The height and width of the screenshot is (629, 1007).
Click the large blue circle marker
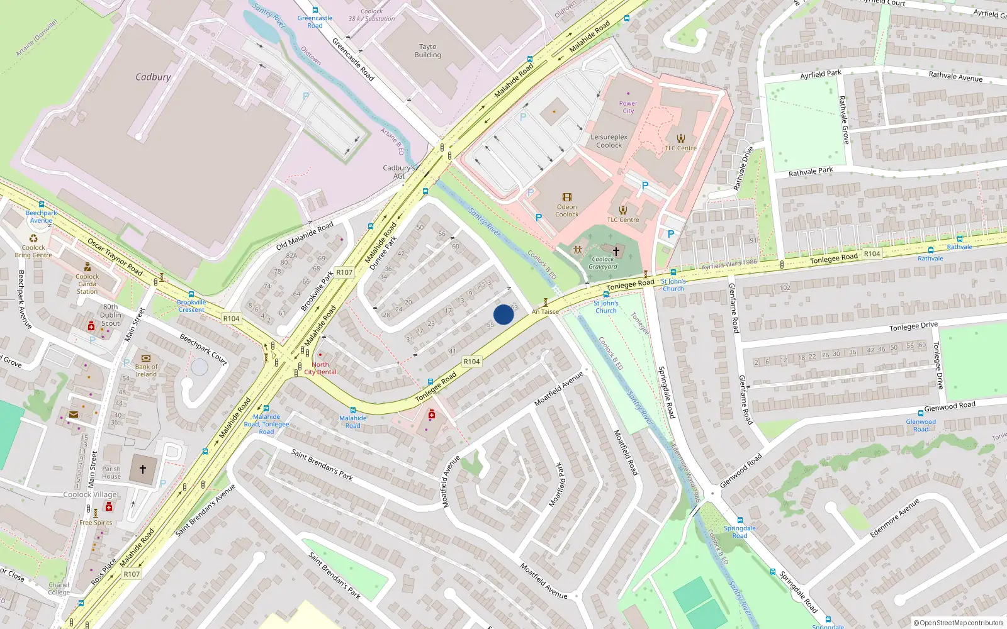[503, 314]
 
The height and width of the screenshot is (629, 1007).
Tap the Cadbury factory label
[153, 77]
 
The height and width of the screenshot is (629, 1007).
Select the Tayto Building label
[427, 51]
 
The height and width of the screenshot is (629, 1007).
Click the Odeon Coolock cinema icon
[566, 198]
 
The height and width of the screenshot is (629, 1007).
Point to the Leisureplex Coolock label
[609, 141]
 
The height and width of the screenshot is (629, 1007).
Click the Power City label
[628, 107]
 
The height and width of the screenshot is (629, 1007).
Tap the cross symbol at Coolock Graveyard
[616, 251]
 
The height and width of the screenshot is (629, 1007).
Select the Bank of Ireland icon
[146, 358]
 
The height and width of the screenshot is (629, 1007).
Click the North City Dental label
[320, 369]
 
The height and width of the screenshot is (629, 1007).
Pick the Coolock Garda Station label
[87, 284]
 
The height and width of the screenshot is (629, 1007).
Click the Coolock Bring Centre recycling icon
[34, 238]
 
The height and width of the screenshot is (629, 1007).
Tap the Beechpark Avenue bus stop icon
[42, 204]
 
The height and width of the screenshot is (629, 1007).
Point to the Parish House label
[111, 472]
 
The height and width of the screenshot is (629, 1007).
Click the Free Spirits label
[96, 523]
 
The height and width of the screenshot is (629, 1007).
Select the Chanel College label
[59, 589]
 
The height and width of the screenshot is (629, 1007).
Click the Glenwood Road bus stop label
[921, 425]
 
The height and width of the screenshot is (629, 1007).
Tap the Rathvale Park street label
[811, 171]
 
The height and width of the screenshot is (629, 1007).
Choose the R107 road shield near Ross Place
[132, 574]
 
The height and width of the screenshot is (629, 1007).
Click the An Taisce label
[545, 311]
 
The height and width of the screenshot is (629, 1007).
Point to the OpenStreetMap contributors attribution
[961, 623]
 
